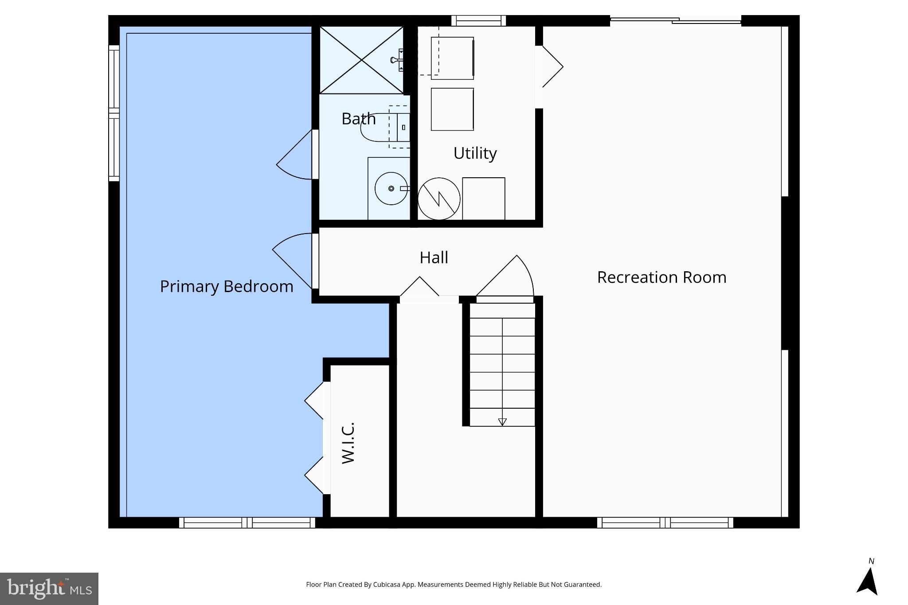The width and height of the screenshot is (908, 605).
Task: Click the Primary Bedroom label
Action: [227, 286]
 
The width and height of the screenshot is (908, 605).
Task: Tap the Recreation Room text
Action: [661, 277]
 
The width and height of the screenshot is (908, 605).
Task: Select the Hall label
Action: [434, 258]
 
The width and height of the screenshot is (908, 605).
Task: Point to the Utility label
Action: [475, 153]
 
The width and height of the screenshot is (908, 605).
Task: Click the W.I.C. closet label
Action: [348, 443]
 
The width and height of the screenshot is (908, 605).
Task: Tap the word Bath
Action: [358, 119]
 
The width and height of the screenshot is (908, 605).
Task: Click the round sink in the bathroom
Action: [391, 189]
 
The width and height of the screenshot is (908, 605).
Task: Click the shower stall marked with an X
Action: [361, 60]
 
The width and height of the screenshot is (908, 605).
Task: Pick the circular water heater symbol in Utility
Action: [439, 199]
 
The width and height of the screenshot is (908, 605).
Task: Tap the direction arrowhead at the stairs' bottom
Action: [502, 422]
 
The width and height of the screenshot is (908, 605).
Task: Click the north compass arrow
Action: [868, 581]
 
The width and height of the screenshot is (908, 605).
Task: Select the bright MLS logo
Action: [49, 589]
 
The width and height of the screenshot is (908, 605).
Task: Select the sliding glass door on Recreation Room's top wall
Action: [675, 20]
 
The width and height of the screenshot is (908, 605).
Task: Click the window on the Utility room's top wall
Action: [478, 20]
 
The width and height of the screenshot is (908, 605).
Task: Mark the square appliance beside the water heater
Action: [483, 199]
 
